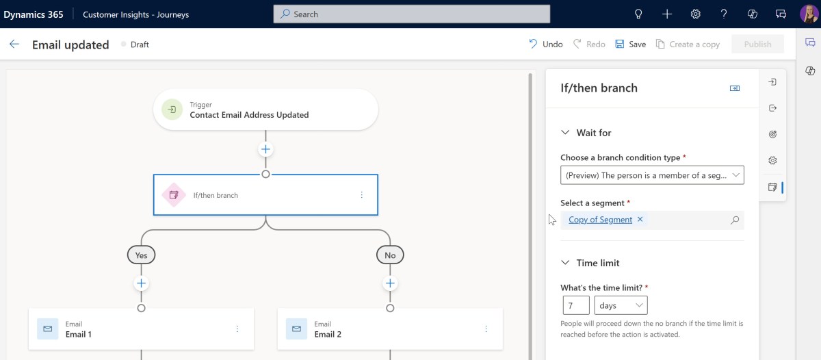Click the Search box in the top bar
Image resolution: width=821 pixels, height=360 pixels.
[x=412, y=14]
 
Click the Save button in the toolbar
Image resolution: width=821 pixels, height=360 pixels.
[x=630, y=44]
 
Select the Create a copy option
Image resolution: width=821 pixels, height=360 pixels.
[x=688, y=44]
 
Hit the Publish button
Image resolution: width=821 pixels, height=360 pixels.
[x=757, y=44]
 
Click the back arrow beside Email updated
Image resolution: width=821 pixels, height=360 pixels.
[x=14, y=44]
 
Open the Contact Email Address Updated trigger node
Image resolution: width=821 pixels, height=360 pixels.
[x=265, y=110]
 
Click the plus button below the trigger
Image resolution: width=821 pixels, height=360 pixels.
[x=265, y=149]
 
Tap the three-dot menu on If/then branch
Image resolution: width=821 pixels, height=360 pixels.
[x=361, y=194]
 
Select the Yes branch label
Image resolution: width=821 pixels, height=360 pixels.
[x=141, y=255]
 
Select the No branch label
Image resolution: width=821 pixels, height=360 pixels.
[x=390, y=255]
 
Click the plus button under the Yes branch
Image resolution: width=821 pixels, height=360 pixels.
[x=141, y=283]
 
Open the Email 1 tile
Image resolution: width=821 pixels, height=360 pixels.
[x=141, y=329]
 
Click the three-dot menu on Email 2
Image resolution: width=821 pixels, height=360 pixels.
[x=486, y=329]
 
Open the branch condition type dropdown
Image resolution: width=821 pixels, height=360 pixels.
[x=652, y=175]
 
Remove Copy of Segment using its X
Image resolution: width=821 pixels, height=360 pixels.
[x=640, y=219]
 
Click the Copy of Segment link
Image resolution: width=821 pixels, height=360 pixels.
[x=601, y=220]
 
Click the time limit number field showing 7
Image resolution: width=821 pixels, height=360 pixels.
[x=576, y=305]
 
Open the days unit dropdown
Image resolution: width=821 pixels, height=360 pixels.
[x=621, y=305]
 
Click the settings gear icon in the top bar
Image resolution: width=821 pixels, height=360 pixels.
[x=695, y=14]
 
